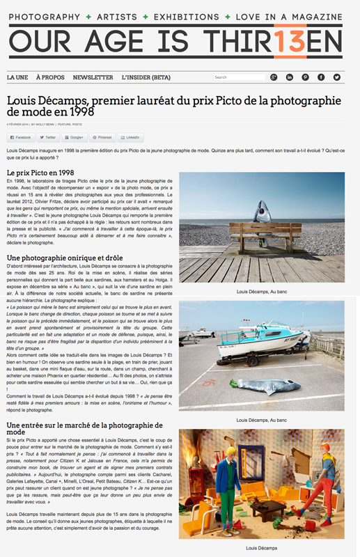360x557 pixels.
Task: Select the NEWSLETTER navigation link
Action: (93, 77)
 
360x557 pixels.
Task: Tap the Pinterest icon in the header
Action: (305, 77)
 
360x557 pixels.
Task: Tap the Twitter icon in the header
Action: (337, 77)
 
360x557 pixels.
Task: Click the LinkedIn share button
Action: (131, 138)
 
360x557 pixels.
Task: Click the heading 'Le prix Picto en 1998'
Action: (40, 172)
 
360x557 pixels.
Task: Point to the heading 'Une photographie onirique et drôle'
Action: (63, 258)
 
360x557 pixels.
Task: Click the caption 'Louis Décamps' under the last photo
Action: (262, 548)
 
